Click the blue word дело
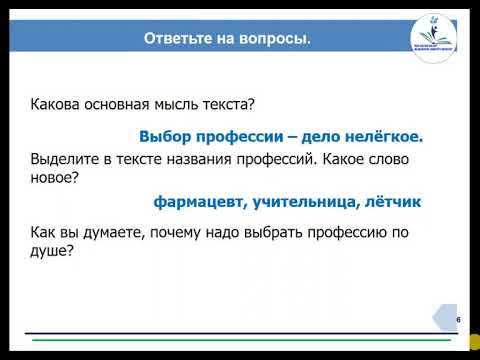click(320, 136)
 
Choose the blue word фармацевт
click(199, 202)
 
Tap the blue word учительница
click(311, 202)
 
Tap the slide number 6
click(458, 319)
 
